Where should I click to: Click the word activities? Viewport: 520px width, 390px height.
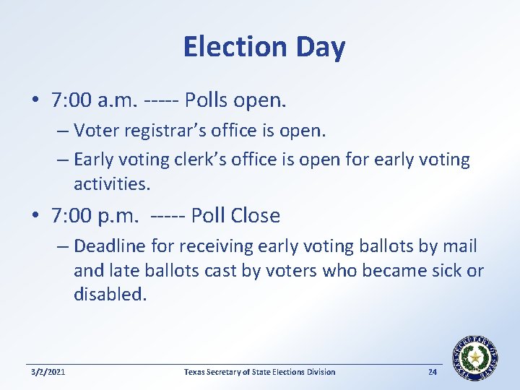click(112, 183)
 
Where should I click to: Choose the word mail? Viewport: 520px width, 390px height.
click(460, 246)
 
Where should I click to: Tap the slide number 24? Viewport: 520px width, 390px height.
click(433, 372)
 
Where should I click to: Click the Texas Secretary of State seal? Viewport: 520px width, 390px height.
click(475, 358)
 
